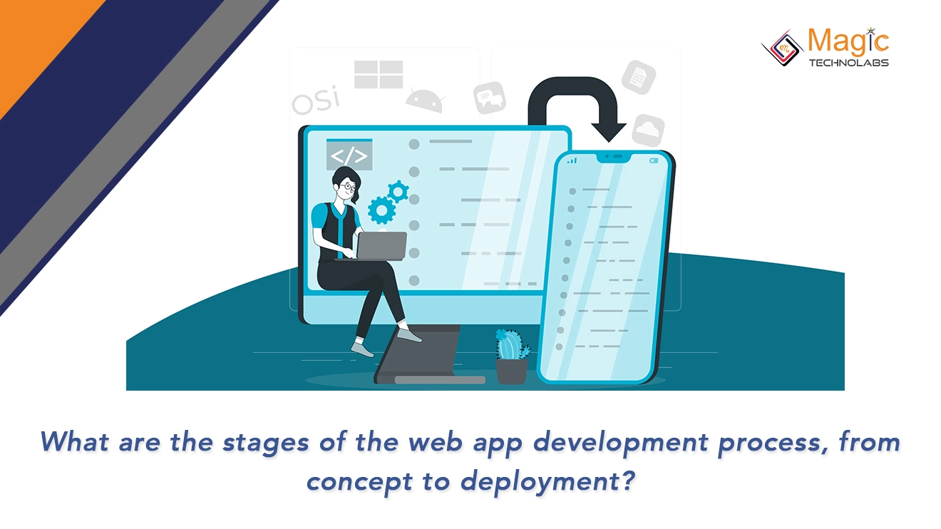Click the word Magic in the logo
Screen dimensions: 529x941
[848, 41]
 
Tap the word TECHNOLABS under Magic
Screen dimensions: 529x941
[848, 63]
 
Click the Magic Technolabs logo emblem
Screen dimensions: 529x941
[782, 48]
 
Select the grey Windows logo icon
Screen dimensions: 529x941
[379, 75]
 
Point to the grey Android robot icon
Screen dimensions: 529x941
[426, 98]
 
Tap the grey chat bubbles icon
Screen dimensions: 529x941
[490, 98]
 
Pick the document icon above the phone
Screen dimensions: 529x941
[639, 76]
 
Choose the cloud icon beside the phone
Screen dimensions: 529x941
[648, 130]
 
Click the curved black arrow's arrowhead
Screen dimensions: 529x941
[609, 130]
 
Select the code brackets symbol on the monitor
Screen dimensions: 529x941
[349, 155]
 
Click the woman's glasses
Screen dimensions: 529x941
[347, 187]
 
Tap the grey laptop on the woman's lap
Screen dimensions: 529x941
[381, 245]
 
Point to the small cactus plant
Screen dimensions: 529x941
[511, 344]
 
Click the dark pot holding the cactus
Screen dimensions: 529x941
[511, 371]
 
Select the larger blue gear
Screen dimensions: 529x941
[381, 210]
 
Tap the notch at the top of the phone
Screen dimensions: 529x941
[610, 157]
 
